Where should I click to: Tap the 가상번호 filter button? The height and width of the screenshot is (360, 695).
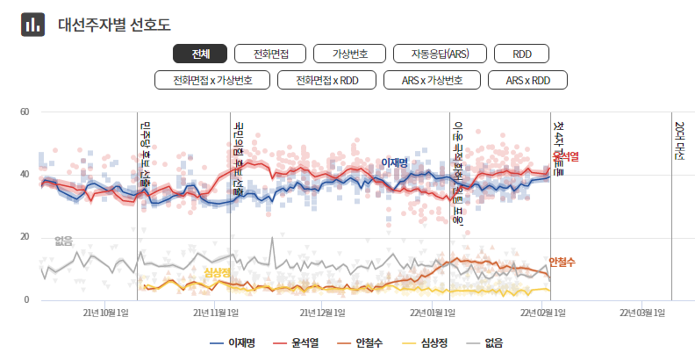(349, 54)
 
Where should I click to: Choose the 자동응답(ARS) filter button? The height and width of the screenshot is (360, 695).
(440, 54)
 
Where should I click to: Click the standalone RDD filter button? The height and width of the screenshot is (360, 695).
(522, 54)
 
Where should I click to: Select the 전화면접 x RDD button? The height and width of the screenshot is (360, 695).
(326, 80)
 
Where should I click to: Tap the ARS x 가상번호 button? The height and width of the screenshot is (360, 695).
(432, 80)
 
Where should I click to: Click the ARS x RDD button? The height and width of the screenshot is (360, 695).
(528, 80)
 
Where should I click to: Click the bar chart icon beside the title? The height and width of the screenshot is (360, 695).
(33, 25)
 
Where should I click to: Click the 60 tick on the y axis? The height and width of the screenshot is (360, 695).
(25, 112)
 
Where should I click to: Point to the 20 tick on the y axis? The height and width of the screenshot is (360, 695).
(25, 237)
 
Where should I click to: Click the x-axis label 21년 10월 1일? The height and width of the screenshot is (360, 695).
(106, 313)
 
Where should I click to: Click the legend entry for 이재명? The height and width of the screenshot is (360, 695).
(233, 342)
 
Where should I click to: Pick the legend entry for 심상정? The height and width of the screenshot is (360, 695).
(426, 342)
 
